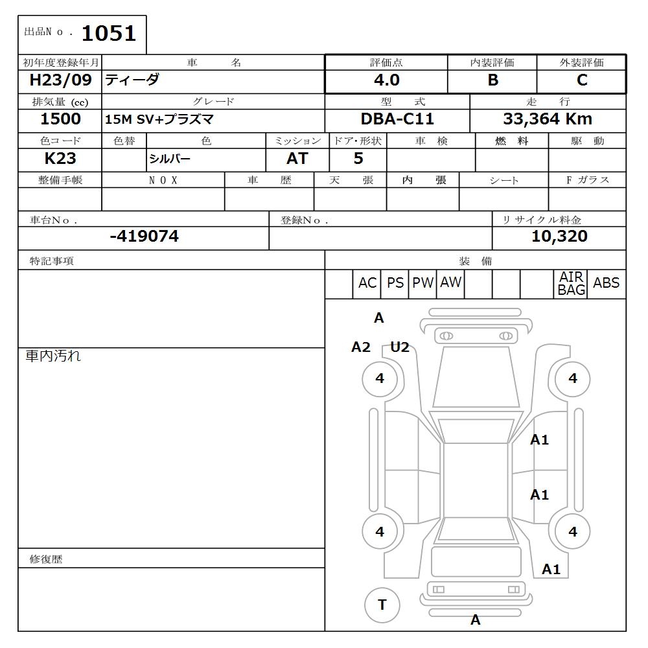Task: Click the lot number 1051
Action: coord(108,33)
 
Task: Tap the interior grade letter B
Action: coord(492,80)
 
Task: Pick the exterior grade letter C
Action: coord(581,80)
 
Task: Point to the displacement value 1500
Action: coord(60,119)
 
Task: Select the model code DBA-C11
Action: coord(397,119)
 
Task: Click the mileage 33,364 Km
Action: coord(548,119)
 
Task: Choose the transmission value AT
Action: coord(297,159)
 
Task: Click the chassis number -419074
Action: coord(144,237)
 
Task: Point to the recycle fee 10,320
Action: coord(559,237)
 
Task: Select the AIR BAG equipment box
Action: coord(572,284)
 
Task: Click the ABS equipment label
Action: coord(606,283)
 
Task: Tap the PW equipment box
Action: coord(422,283)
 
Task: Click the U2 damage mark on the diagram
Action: coord(400,347)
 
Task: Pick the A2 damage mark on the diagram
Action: coord(361,347)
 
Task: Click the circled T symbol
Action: coord(382,605)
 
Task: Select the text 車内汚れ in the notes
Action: coord(53,356)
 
